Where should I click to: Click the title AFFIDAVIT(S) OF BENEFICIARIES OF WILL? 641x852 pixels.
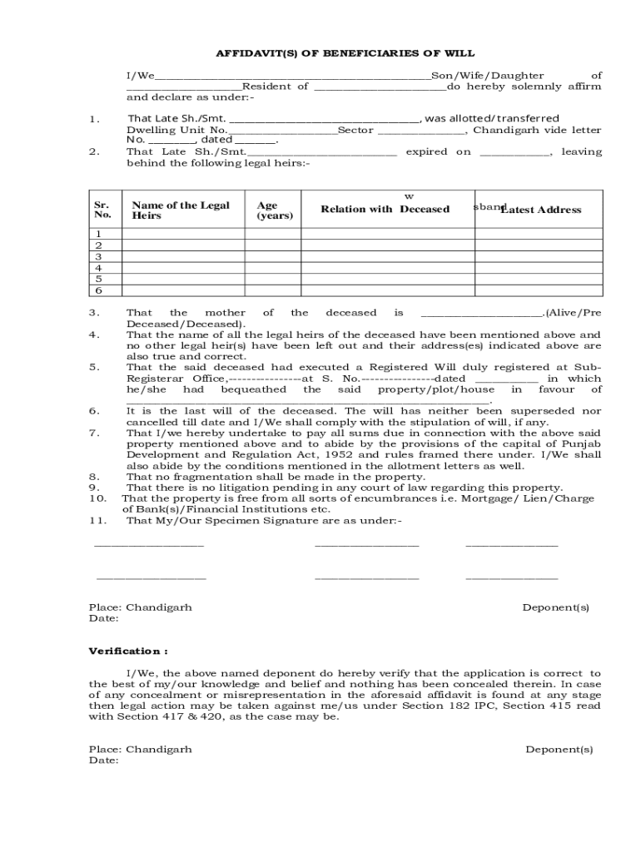[x=345, y=52]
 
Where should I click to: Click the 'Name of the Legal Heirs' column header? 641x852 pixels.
[x=181, y=210]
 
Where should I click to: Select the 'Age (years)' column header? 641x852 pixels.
[x=275, y=210]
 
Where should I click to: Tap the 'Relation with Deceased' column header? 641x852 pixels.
[x=385, y=210]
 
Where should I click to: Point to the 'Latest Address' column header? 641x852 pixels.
[x=540, y=210]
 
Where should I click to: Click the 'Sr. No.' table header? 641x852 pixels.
[x=102, y=210]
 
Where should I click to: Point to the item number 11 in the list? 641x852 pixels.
[x=95, y=521]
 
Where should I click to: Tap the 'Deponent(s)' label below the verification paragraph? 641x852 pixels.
[x=559, y=749]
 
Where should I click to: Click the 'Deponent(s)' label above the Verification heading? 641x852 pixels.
[x=555, y=607]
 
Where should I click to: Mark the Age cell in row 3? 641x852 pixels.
[x=276, y=257]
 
